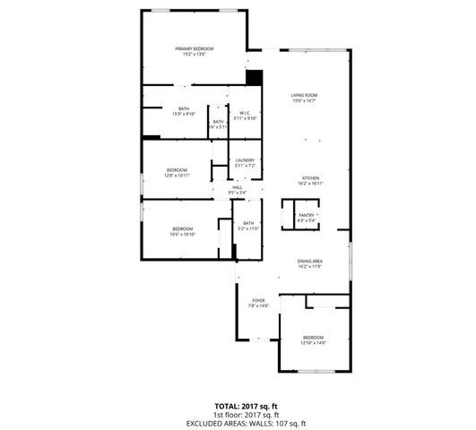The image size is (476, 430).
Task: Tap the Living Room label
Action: (x=305, y=95)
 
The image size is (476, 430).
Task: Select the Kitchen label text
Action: (x=310, y=177)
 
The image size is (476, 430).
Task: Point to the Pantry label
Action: (x=307, y=215)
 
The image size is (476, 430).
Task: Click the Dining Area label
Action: (x=310, y=261)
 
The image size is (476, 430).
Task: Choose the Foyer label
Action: (x=258, y=300)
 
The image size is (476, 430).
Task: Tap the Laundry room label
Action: (x=246, y=160)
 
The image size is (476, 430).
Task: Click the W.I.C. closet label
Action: (x=245, y=112)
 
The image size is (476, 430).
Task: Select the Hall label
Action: (x=238, y=186)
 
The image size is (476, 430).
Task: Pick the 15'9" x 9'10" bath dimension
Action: (x=183, y=115)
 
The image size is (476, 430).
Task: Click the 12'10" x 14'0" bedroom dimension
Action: (x=313, y=342)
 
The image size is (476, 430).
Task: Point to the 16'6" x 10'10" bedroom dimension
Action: (x=183, y=235)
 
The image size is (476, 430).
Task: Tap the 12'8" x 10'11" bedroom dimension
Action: (x=177, y=175)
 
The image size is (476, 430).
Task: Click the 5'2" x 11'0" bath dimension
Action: (x=248, y=228)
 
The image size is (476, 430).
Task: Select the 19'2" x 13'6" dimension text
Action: (x=195, y=54)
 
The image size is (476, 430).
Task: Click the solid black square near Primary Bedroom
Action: (x=254, y=78)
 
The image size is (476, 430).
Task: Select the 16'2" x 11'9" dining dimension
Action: (x=310, y=266)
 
